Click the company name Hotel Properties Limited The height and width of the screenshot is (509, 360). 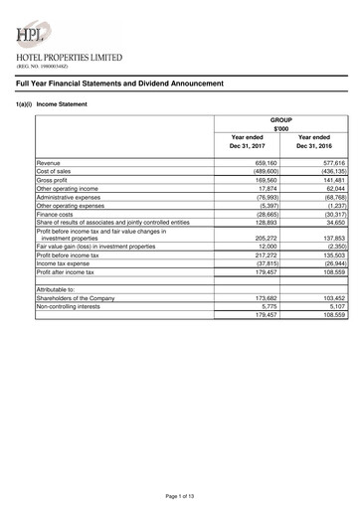69,60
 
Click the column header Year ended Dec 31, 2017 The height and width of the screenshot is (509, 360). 248,141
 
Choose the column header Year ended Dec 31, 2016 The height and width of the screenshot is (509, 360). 316,141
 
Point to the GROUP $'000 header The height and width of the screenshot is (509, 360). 281,122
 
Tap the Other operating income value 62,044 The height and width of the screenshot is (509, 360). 331,189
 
